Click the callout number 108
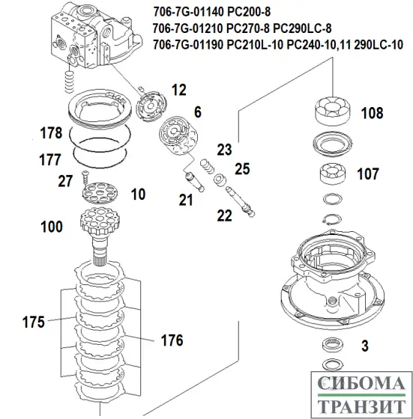click(x=372, y=114)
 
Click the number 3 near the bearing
click(x=364, y=346)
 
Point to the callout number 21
click(x=185, y=199)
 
